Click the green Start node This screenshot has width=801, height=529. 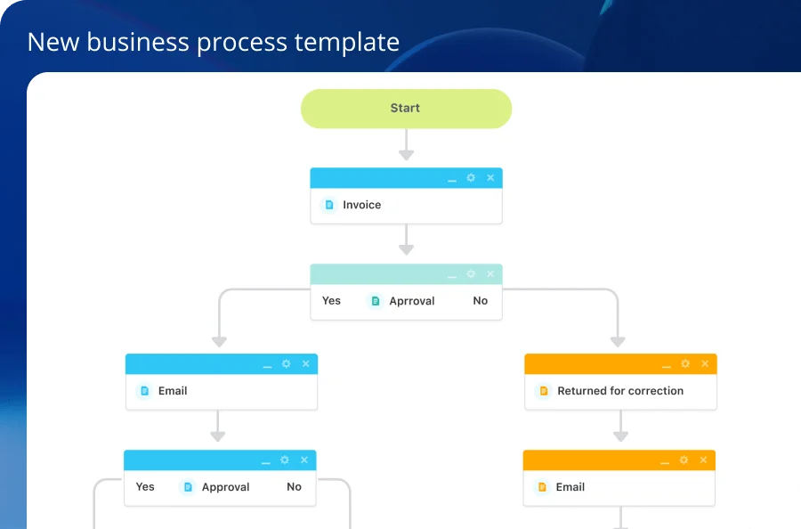click(x=406, y=109)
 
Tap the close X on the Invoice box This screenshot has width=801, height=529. click(x=490, y=178)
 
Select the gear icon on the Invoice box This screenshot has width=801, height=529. click(x=471, y=178)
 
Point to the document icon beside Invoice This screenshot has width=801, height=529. click(x=329, y=205)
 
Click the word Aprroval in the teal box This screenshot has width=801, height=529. click(x=412, y=301)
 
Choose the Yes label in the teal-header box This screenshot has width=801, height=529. click(x=331, y=300)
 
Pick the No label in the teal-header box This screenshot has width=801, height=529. click(x=481, y=300)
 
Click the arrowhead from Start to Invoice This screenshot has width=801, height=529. click(x=406, y=154)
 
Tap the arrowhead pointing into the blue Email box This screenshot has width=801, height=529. click(x=219, y=341)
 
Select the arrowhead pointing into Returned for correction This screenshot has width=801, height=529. click(x=618, y=341)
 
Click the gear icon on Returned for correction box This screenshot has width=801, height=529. click(x=685, y=364)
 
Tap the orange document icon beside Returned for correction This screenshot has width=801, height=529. click(x=544, y=391)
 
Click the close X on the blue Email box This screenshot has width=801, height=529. click(x=305, y=364)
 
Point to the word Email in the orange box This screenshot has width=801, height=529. click(x=570, y=487)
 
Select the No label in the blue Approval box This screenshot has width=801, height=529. click(x=294, y=486)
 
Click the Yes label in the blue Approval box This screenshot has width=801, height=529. click(x=145, y=486)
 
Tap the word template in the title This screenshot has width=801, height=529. click(x=347, y=43)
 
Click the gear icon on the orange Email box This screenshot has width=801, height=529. click(x=684, y=460)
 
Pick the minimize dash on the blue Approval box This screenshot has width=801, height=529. click(x=265, y=463)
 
